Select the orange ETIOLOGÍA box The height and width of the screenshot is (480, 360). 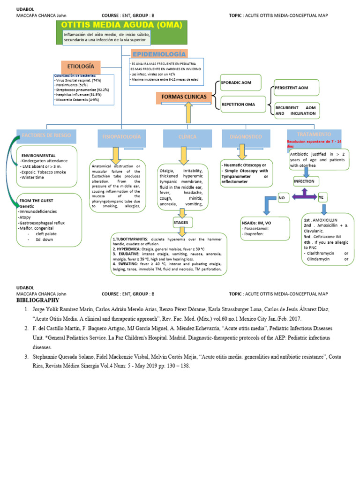tap(80, 67)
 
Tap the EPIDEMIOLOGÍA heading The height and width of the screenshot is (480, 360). tap(159, 54)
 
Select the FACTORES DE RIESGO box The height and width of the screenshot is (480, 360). tap(46, 135)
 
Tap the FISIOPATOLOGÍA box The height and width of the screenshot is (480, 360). tap(121, 136)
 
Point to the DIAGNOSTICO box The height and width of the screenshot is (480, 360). tap(246, 137)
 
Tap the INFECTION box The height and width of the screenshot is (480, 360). tap(304, 181)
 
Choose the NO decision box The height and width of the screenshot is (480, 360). tap(282, 198)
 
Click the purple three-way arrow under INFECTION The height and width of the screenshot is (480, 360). tap(304, 194)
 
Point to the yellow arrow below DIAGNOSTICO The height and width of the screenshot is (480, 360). tap(242, 152)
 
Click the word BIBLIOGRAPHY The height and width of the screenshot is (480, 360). tap(38, 300)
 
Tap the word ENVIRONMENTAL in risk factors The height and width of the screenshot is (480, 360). tap(38, 155)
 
